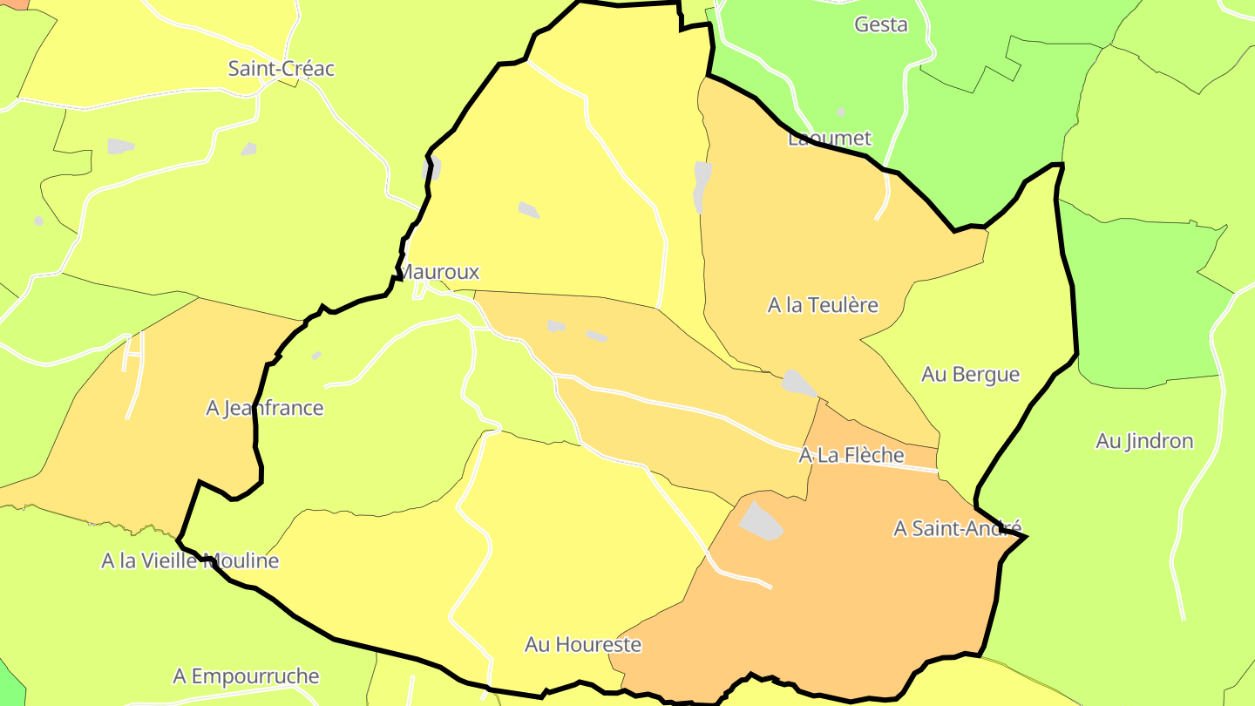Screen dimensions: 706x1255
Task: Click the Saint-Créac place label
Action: [x=281, y=69]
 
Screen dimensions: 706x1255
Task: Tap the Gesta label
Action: [x=881, y=24]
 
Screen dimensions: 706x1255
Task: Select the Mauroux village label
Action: [x=440, y=272]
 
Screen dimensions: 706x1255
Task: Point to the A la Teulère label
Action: [x=823, y=305]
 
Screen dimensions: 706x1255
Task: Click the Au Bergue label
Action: [x=970, y=375]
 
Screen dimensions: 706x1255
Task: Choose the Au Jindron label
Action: [x=1144, y=441]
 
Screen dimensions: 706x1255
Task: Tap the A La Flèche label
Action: [x=851, y=455]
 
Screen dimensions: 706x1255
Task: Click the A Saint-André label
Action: [x=957, y=528]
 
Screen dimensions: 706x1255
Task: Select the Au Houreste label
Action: [x=582, y=645]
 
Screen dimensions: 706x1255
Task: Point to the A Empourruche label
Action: [x=246, y=676]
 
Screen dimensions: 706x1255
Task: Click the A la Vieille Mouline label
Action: [x=190, y=560]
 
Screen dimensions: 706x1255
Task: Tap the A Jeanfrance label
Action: [x=264, y=408]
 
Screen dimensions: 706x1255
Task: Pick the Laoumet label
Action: [x=829, y=139]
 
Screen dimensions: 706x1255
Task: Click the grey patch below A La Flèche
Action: [x=761, y=521]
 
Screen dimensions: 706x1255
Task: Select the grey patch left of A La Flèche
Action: [x=798, y=383]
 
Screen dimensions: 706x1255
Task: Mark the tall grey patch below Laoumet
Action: [x=702, y=187]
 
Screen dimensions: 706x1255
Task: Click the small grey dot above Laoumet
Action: [x=840, y=112]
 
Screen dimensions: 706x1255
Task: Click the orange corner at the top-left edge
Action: [x=10, y=3]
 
